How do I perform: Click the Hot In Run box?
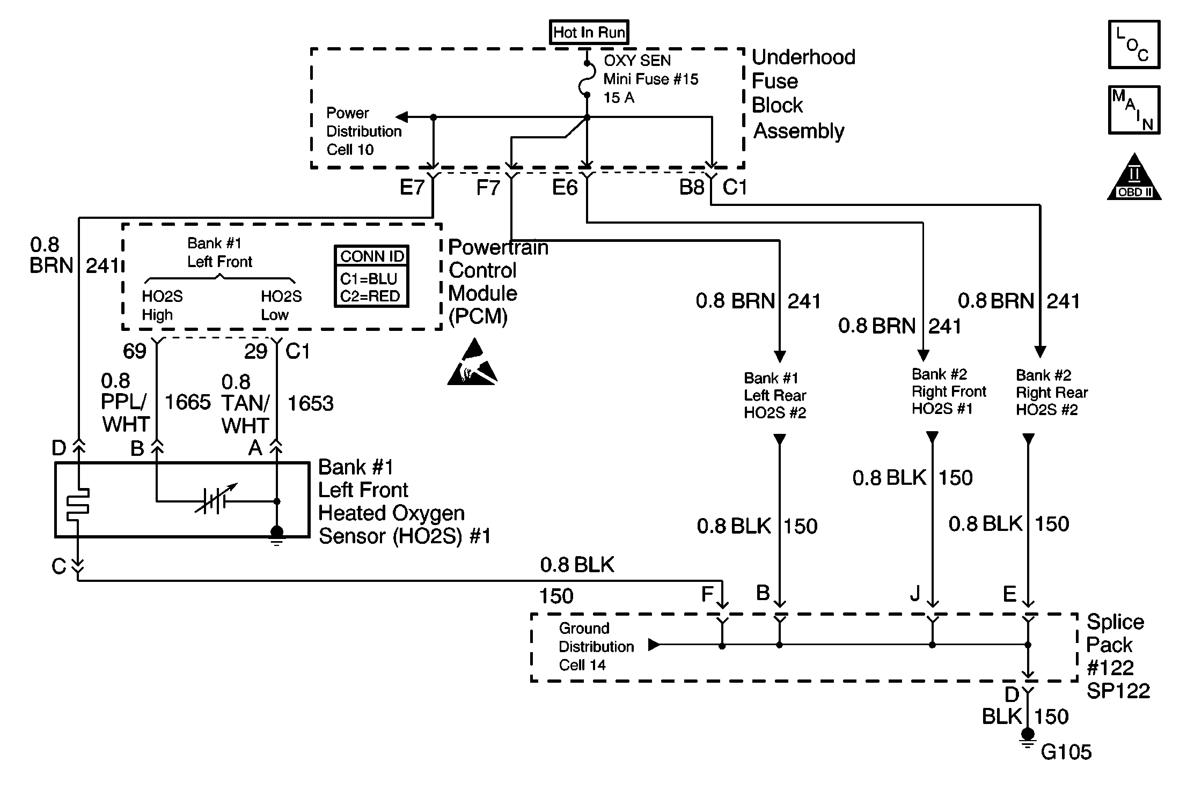point(589,32)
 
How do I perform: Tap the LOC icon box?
point(1134,45)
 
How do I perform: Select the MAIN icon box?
point(1134,110)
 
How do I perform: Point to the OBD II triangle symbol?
point(1134,177)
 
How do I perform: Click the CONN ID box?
point(371,276)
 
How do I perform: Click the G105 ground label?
point(1066,752)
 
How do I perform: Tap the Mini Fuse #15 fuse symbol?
point(587,79)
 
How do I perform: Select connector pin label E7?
point(412,187)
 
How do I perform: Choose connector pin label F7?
point(488,188)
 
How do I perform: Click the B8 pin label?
point(692,187)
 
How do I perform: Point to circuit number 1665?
point(188,402)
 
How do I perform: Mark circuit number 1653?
point(310,403)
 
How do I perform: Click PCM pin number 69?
point(134,351)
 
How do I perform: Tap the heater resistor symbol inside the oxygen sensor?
point(78,504)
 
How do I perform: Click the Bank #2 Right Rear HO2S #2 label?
point(1052,393)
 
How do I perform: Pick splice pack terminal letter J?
point(915,593)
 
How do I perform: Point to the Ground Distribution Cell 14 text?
point(596,646)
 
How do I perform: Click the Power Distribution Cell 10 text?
point(364,131)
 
